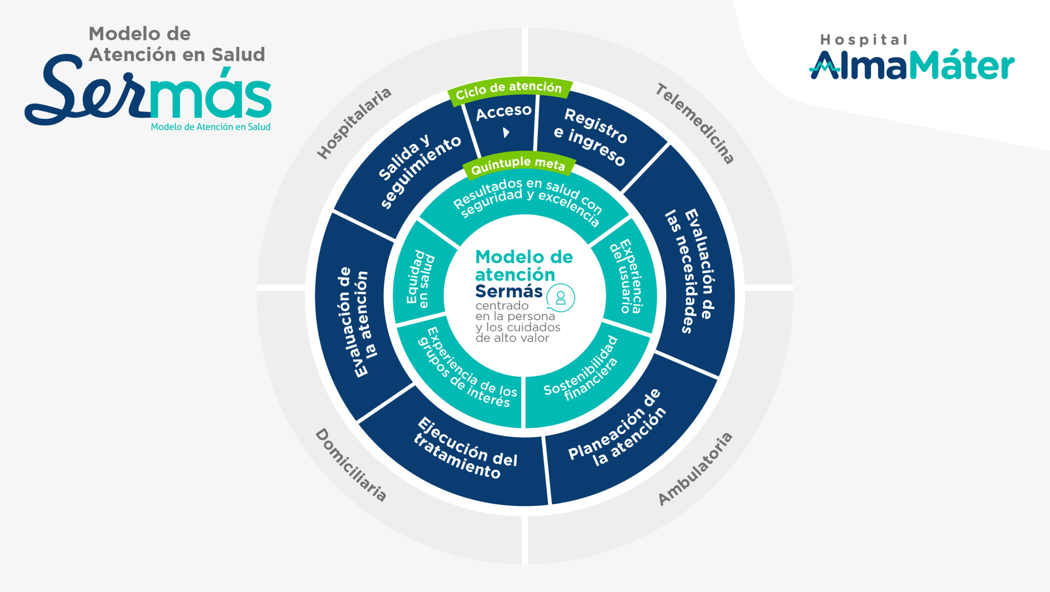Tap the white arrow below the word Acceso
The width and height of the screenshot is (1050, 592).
point(506,133)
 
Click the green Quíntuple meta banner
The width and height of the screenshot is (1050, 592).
point(518,165)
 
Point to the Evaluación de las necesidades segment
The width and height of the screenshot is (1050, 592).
point(693,271)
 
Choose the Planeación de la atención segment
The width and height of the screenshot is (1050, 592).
point(619,431)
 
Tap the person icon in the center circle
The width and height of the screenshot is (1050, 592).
point(560,298)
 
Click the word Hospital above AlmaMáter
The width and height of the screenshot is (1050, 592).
point(863,40)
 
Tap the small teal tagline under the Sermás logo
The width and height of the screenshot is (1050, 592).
point(210,127)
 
